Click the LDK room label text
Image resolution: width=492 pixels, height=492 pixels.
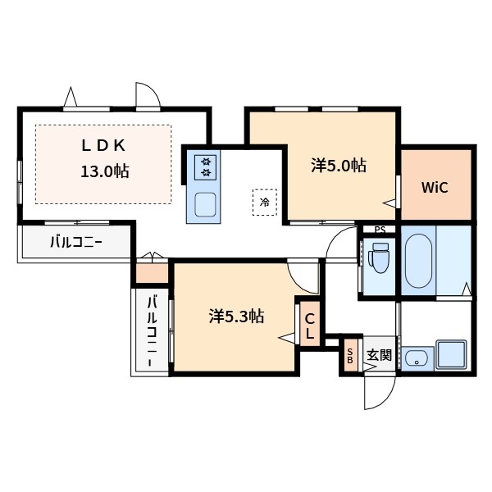pyautogui.click(x=102, y=145)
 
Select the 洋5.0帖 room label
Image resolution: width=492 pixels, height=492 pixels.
pyautogui.click(x=338, y=165)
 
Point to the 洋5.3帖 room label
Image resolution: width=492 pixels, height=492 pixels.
pyautogui.click(x=236, y=316)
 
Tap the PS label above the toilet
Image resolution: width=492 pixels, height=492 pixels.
pyautogui.click(x=379, y=230)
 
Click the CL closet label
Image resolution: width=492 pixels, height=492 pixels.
pyautogui.click(x=310, y=326)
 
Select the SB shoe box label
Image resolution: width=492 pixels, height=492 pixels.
pyautogui.click(x=350, y=356)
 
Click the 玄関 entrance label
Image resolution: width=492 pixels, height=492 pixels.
pyautogui.click(x=378, y=356)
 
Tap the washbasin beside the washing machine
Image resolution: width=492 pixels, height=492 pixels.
pyautogui.click(x=416, y=358)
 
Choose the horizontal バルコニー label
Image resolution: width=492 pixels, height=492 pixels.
pyautogui.click(x=75, y=242)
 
